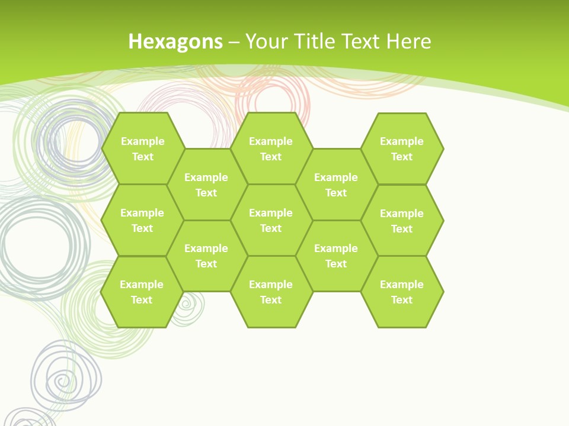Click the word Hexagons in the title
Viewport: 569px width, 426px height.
coord(175,41)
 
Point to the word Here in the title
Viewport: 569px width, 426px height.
coord(408,41)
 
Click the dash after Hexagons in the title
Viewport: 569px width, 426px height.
coord(234,42)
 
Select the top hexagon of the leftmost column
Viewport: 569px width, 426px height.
coord(143,149)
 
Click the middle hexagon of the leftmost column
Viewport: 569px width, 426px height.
coord(142,220)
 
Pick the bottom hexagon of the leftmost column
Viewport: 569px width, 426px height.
coord(142,292)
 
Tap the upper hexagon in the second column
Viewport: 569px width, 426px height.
coord(206,185)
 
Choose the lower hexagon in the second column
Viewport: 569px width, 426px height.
coord(206,256)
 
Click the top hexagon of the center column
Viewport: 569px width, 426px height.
coord(271,149)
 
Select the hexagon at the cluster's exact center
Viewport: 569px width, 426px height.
coord(271,220)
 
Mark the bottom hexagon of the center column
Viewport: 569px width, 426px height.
coord(271,292)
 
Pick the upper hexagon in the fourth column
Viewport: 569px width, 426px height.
coord(336,185)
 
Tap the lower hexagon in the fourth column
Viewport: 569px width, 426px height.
coord(336,256)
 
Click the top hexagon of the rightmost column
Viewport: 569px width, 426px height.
coord(402,149)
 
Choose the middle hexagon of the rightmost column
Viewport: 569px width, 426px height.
coord(402,221)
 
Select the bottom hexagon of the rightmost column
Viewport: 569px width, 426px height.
coord(402,292)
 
